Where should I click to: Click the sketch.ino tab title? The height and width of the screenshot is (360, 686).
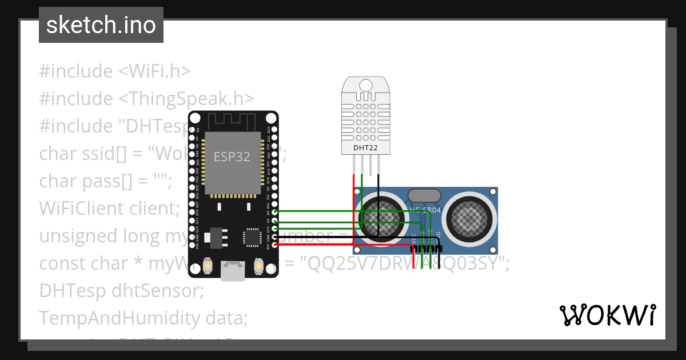pos(101,25)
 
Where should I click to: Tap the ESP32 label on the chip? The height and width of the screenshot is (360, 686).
pos(232,157)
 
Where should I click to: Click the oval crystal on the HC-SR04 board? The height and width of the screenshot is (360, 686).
pos(424,195)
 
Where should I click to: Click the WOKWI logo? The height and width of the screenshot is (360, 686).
pos(607,315)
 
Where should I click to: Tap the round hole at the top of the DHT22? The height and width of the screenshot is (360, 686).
pos(367,85)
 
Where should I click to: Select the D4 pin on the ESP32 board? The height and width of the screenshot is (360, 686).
pos(276,212)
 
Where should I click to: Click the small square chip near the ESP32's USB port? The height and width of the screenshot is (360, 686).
pos(252,236)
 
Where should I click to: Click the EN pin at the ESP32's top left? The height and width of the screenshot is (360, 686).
pos(193,130)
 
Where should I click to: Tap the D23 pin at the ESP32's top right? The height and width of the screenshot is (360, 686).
pos(276,130)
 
